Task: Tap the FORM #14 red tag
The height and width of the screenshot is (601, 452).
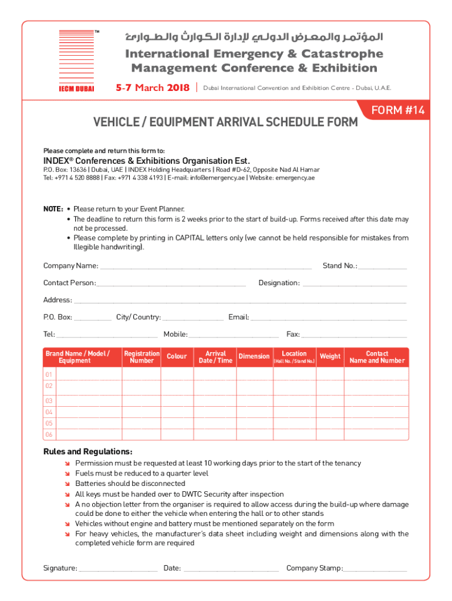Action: [398, 110]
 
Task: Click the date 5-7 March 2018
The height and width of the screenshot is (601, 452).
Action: [152, 88]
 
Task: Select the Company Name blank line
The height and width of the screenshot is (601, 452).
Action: [205, 268]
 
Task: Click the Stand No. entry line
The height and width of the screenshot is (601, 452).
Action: [382, 268]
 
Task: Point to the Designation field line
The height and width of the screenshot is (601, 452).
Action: [355, 285]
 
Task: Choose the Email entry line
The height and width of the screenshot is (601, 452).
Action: [328, 319]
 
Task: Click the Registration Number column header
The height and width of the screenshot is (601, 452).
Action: [141, 357]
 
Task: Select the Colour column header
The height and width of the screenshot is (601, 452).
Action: [177, 357]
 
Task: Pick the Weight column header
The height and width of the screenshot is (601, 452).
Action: [330, 357]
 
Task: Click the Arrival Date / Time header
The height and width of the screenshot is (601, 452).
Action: [215, 357]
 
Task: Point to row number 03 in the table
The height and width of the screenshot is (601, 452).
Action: [49, 401]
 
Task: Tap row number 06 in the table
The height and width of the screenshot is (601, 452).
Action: [49, 434]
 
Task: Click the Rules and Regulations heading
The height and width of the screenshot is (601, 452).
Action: [88, 452]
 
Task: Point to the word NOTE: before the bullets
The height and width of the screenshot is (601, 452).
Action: [53, 209]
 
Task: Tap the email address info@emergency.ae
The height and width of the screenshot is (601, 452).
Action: [215, 178]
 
